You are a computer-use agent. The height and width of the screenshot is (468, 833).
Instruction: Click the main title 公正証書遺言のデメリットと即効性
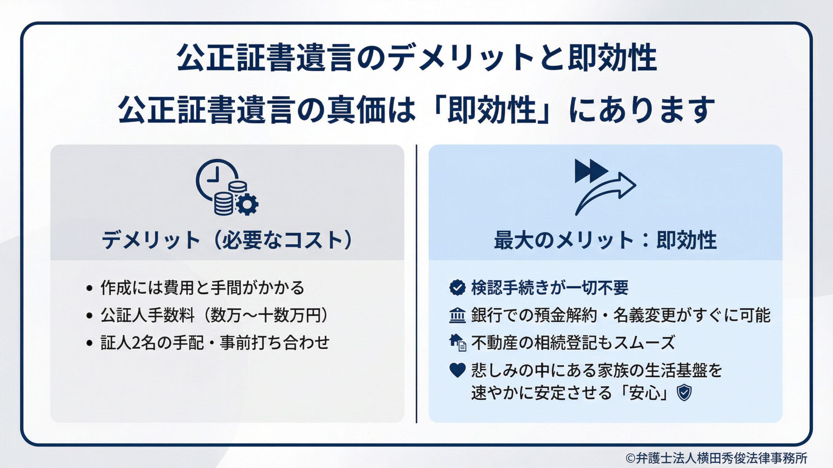click(x=416, y=58)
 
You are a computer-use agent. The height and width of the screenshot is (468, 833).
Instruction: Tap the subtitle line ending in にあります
click(x=416, y=110)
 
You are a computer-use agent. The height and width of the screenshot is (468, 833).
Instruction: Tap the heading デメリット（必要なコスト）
click(x=227, y=240)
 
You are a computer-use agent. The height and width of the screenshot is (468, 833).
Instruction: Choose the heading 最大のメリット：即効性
click(x=605, y=240)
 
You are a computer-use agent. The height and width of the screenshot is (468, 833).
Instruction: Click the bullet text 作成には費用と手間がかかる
click(x=202, y=288)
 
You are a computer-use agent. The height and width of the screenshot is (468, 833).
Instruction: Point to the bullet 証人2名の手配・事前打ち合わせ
click(x=215, y=343)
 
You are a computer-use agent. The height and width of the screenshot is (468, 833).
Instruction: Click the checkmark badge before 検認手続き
click(x=457, y=288)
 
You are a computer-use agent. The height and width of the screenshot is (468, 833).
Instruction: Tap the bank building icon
click(x=457, y=315)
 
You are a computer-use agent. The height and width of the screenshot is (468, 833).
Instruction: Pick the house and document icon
click(x=457, y=343)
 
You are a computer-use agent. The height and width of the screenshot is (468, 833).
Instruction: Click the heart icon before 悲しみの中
click(x=457, y=370)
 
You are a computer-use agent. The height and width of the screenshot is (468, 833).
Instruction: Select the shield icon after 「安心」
click(x=684, y=393)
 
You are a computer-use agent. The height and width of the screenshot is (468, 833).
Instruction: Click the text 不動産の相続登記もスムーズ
click(x=573, y=343)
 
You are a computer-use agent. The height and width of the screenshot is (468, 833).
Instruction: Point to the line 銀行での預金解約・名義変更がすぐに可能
click(x=621, y=315)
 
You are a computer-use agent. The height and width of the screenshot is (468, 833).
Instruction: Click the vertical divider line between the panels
click(x=416, y=284)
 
